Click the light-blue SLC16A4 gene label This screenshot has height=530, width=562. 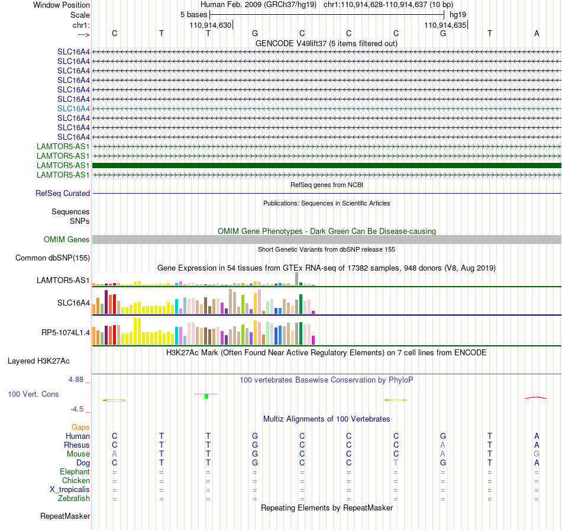tap(73, 108)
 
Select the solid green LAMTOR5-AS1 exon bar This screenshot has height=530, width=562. tap(327, 165)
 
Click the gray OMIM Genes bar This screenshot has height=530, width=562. tap(327, 239)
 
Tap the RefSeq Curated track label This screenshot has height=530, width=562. tap(63, 193)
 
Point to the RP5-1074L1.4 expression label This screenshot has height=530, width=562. tap(66, 333)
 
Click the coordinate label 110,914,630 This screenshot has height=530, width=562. tap(211, 25)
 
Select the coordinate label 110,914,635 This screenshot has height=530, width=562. tap(445, 25)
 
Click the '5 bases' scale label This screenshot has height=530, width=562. tap(193, 15)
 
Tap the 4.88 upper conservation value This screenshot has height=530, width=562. tap(76, 379)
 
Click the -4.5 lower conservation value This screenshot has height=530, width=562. tap(77, 409)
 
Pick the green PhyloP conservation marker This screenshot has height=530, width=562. tap(206, 396)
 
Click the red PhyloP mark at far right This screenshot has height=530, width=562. tap(536, 397)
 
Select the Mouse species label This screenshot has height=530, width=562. tap(78, 454)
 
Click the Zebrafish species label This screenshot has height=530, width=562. tap(74, 498)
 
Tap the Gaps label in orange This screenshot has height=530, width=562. tap(80, 427)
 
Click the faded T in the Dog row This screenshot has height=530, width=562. tap(396, 463)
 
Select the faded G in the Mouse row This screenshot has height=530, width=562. tap(537, 454)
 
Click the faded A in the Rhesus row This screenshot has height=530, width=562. tap(443, 445)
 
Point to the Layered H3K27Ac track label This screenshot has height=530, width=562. tap(38, 361)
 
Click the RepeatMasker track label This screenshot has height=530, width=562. tap(65, 516)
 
